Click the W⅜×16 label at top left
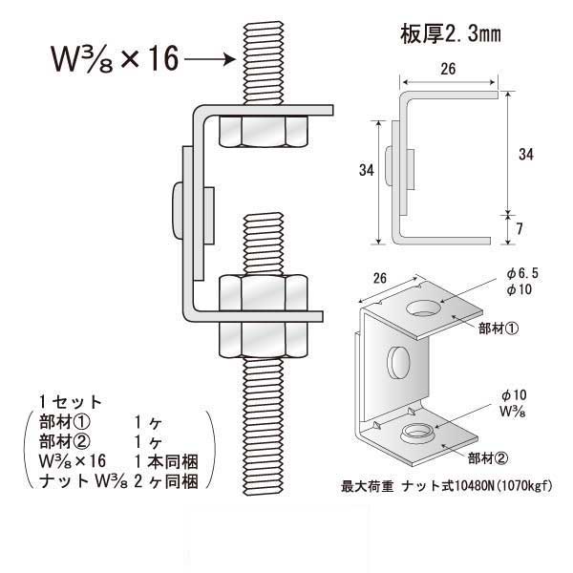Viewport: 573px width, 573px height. click(x=115, y=59)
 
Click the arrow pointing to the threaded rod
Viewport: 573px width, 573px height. click(x=210, y=59)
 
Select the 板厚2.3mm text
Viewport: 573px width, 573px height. click(x=451, y=34)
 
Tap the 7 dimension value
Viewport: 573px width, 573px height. click(x=520, y=229)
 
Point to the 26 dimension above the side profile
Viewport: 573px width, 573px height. click(x=448, y=69)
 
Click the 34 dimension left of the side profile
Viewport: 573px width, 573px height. click(x=366, y=170)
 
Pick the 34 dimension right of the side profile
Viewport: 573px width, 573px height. click(x=526, y=154)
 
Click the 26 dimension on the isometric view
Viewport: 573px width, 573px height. click(x=380, y=279)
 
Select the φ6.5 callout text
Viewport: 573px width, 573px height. click(x=522, y=273)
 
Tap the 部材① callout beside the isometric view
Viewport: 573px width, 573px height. click(x=499, y=329)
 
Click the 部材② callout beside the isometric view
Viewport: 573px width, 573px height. click(x=488, y=458)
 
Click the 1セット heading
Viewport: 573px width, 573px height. click(x=70, y=402)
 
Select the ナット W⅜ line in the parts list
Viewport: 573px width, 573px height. click(x=119, y=481)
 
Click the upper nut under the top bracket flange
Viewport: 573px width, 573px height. click(x=264, y=131)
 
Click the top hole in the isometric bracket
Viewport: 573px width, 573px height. click(x=424, y=308)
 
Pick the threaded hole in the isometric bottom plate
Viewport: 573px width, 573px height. click(x=417, y=433)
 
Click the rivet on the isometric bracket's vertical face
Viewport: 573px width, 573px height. click(x=398, y=362)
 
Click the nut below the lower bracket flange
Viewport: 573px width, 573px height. click(x=264, y=339)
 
